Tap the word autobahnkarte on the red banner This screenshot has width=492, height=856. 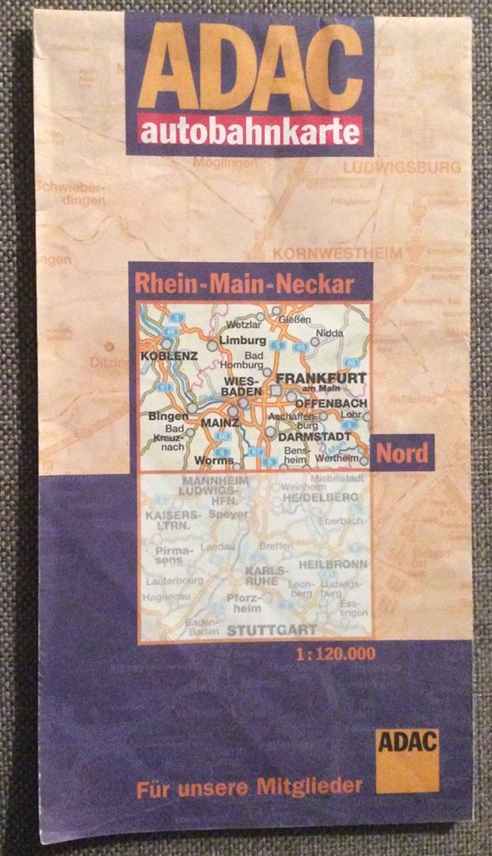tap(250, 133)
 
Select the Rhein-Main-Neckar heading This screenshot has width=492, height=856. tap(244, 284)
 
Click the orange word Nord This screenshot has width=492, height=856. tap(401, 454)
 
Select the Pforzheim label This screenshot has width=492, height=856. tap(242, 604)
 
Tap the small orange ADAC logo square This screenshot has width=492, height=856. tap(407, 759)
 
